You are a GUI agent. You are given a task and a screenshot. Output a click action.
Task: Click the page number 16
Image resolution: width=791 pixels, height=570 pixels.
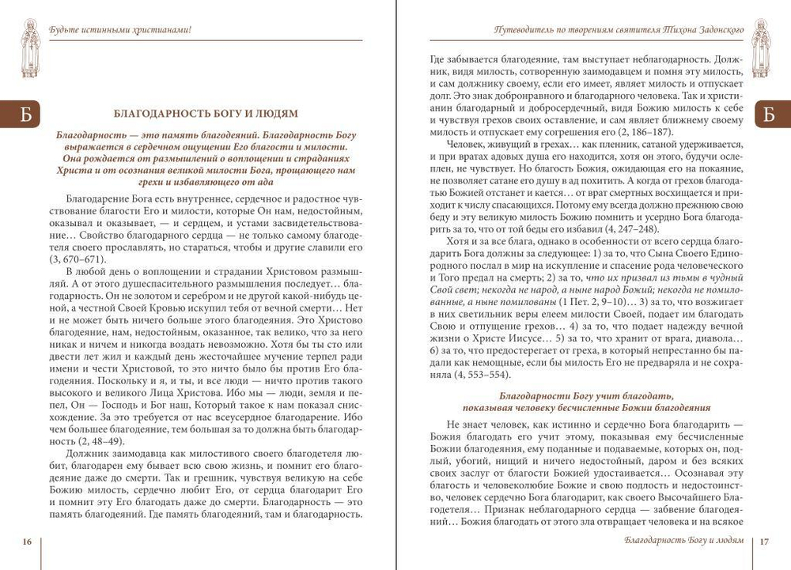27,542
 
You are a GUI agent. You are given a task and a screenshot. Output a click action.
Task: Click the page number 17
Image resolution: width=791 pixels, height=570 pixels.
764,542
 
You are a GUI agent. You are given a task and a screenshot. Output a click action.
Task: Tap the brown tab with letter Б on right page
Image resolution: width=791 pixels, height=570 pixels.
769,115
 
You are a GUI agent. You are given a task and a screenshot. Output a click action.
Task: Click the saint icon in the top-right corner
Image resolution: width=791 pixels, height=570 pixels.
760,48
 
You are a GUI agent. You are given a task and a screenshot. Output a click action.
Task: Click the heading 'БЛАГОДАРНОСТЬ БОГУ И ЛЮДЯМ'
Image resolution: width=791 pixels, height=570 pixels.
206,114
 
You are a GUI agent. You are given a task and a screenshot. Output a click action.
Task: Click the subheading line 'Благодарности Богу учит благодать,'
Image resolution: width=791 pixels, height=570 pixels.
586,395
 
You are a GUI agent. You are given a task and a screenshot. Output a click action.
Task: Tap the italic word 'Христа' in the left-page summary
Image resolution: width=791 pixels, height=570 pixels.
74,170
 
